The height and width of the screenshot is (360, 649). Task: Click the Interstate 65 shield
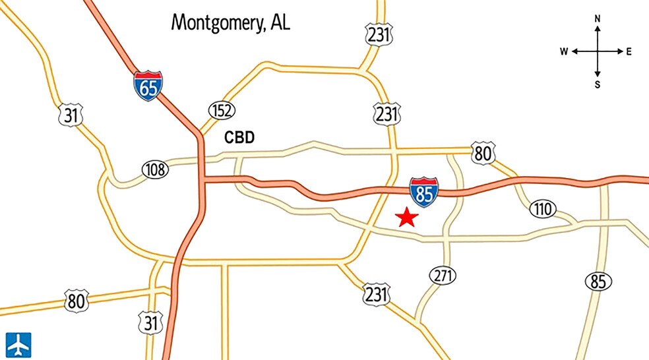(148, 86)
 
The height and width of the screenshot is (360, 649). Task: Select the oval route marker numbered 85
(597, 282)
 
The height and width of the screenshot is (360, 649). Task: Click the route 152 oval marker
(222, 110)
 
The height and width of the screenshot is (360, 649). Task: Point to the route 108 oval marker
(155, 170)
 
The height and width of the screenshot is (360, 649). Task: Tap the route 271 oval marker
(443, 275)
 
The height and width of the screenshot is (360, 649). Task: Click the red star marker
(407, 217)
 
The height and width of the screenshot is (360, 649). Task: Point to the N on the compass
(598, 19)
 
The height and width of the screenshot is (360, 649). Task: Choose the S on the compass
(598, 84)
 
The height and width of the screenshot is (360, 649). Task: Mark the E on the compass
(629, 51)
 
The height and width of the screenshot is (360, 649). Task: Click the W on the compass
(565, 51)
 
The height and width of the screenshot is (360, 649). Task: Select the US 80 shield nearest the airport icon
(76, 301)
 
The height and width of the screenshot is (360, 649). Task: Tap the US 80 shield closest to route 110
(483, 154)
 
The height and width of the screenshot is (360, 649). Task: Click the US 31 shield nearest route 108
(71, 115)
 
